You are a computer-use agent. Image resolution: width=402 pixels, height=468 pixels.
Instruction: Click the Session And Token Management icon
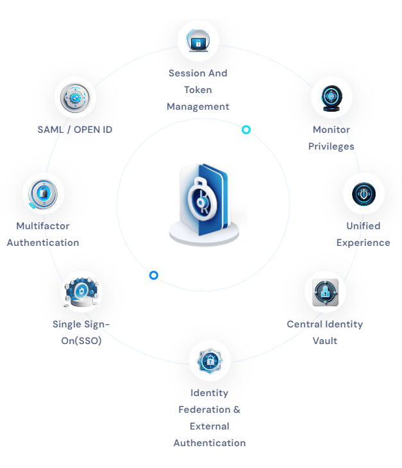click(198, 42)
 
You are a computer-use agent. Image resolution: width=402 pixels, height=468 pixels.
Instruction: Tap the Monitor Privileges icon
click(331, 98)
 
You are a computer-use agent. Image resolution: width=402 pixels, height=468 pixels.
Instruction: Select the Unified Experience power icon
click(364, 194)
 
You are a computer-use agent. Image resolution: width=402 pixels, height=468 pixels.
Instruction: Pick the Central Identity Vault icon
click(324, 292)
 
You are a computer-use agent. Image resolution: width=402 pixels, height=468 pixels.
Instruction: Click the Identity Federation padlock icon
click(210, 361)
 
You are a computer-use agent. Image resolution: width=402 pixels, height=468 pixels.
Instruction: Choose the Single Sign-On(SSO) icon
click(81, 292)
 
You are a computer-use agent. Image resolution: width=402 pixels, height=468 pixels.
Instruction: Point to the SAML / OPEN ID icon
click(75, 98)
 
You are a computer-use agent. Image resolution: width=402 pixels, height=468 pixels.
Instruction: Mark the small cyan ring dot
click(246, 130)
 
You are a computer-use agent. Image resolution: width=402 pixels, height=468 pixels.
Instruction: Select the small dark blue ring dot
click(154, 275)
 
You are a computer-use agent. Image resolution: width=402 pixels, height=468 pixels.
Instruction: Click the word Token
click(198, 90)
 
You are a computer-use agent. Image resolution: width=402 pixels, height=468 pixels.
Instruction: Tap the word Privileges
click(331, 146)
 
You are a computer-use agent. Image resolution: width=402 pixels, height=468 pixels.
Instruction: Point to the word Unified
click(364, 226)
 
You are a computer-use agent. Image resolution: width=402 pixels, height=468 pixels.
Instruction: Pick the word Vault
click(324, 341)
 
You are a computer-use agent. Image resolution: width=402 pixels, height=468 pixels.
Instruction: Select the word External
click(210, 426)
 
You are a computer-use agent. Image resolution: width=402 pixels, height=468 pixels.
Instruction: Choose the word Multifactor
click(43, 226)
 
